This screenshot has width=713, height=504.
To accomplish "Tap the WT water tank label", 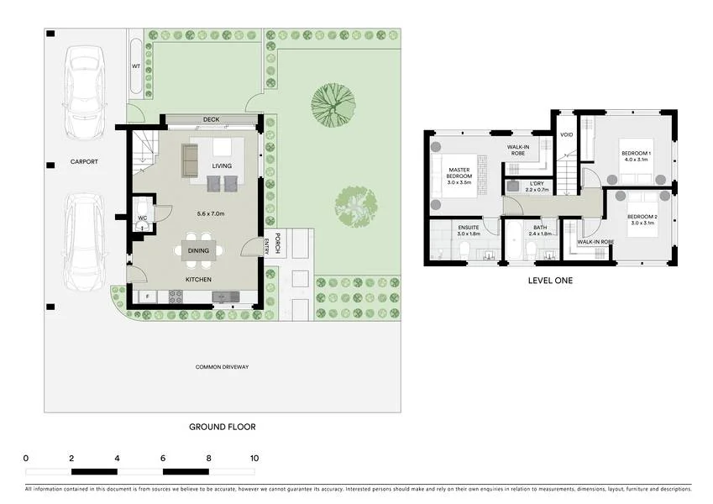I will (x=135, y=66).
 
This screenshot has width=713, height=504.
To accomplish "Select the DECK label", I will (x=211, y=119).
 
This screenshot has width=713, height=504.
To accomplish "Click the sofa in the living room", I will (x=190, y=155).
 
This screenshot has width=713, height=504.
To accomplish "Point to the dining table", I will (x=199, y=250).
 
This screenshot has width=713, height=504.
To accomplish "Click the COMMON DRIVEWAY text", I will (x=222, y=367).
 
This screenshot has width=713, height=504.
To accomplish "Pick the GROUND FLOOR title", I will (x=222, y=427).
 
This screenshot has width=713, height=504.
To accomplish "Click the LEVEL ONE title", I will (x=550, y=281).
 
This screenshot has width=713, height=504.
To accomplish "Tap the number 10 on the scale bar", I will (x=254, y=458).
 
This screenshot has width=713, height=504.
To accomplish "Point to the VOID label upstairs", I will (x=566, y=134).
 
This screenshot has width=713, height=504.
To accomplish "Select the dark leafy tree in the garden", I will (x=333, y=102).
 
